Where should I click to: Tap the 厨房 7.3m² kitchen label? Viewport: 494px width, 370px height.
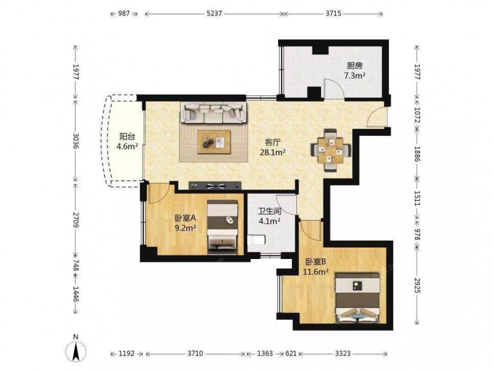point(355,71)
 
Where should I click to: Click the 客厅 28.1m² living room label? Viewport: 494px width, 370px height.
point(273,147)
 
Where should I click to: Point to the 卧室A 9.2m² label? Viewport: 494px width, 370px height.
point(186,222)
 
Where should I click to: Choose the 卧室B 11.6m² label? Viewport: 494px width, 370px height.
point(316,266)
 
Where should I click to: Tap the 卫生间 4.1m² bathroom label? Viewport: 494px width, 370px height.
point(270,216)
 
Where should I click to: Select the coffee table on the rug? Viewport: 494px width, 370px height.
point(214,142)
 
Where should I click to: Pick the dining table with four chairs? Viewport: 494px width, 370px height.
point(330,150)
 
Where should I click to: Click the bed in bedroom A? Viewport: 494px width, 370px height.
point(222,226)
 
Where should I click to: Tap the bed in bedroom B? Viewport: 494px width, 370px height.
point(359,298)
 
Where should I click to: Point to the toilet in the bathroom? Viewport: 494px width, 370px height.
point(256,241)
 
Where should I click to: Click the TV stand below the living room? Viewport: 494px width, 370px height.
point(215,185)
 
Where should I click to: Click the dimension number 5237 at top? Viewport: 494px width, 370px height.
point(214,14)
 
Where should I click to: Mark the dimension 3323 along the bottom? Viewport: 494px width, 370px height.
point(343,354)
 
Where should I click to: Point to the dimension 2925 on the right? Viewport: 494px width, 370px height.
point(417,285)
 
